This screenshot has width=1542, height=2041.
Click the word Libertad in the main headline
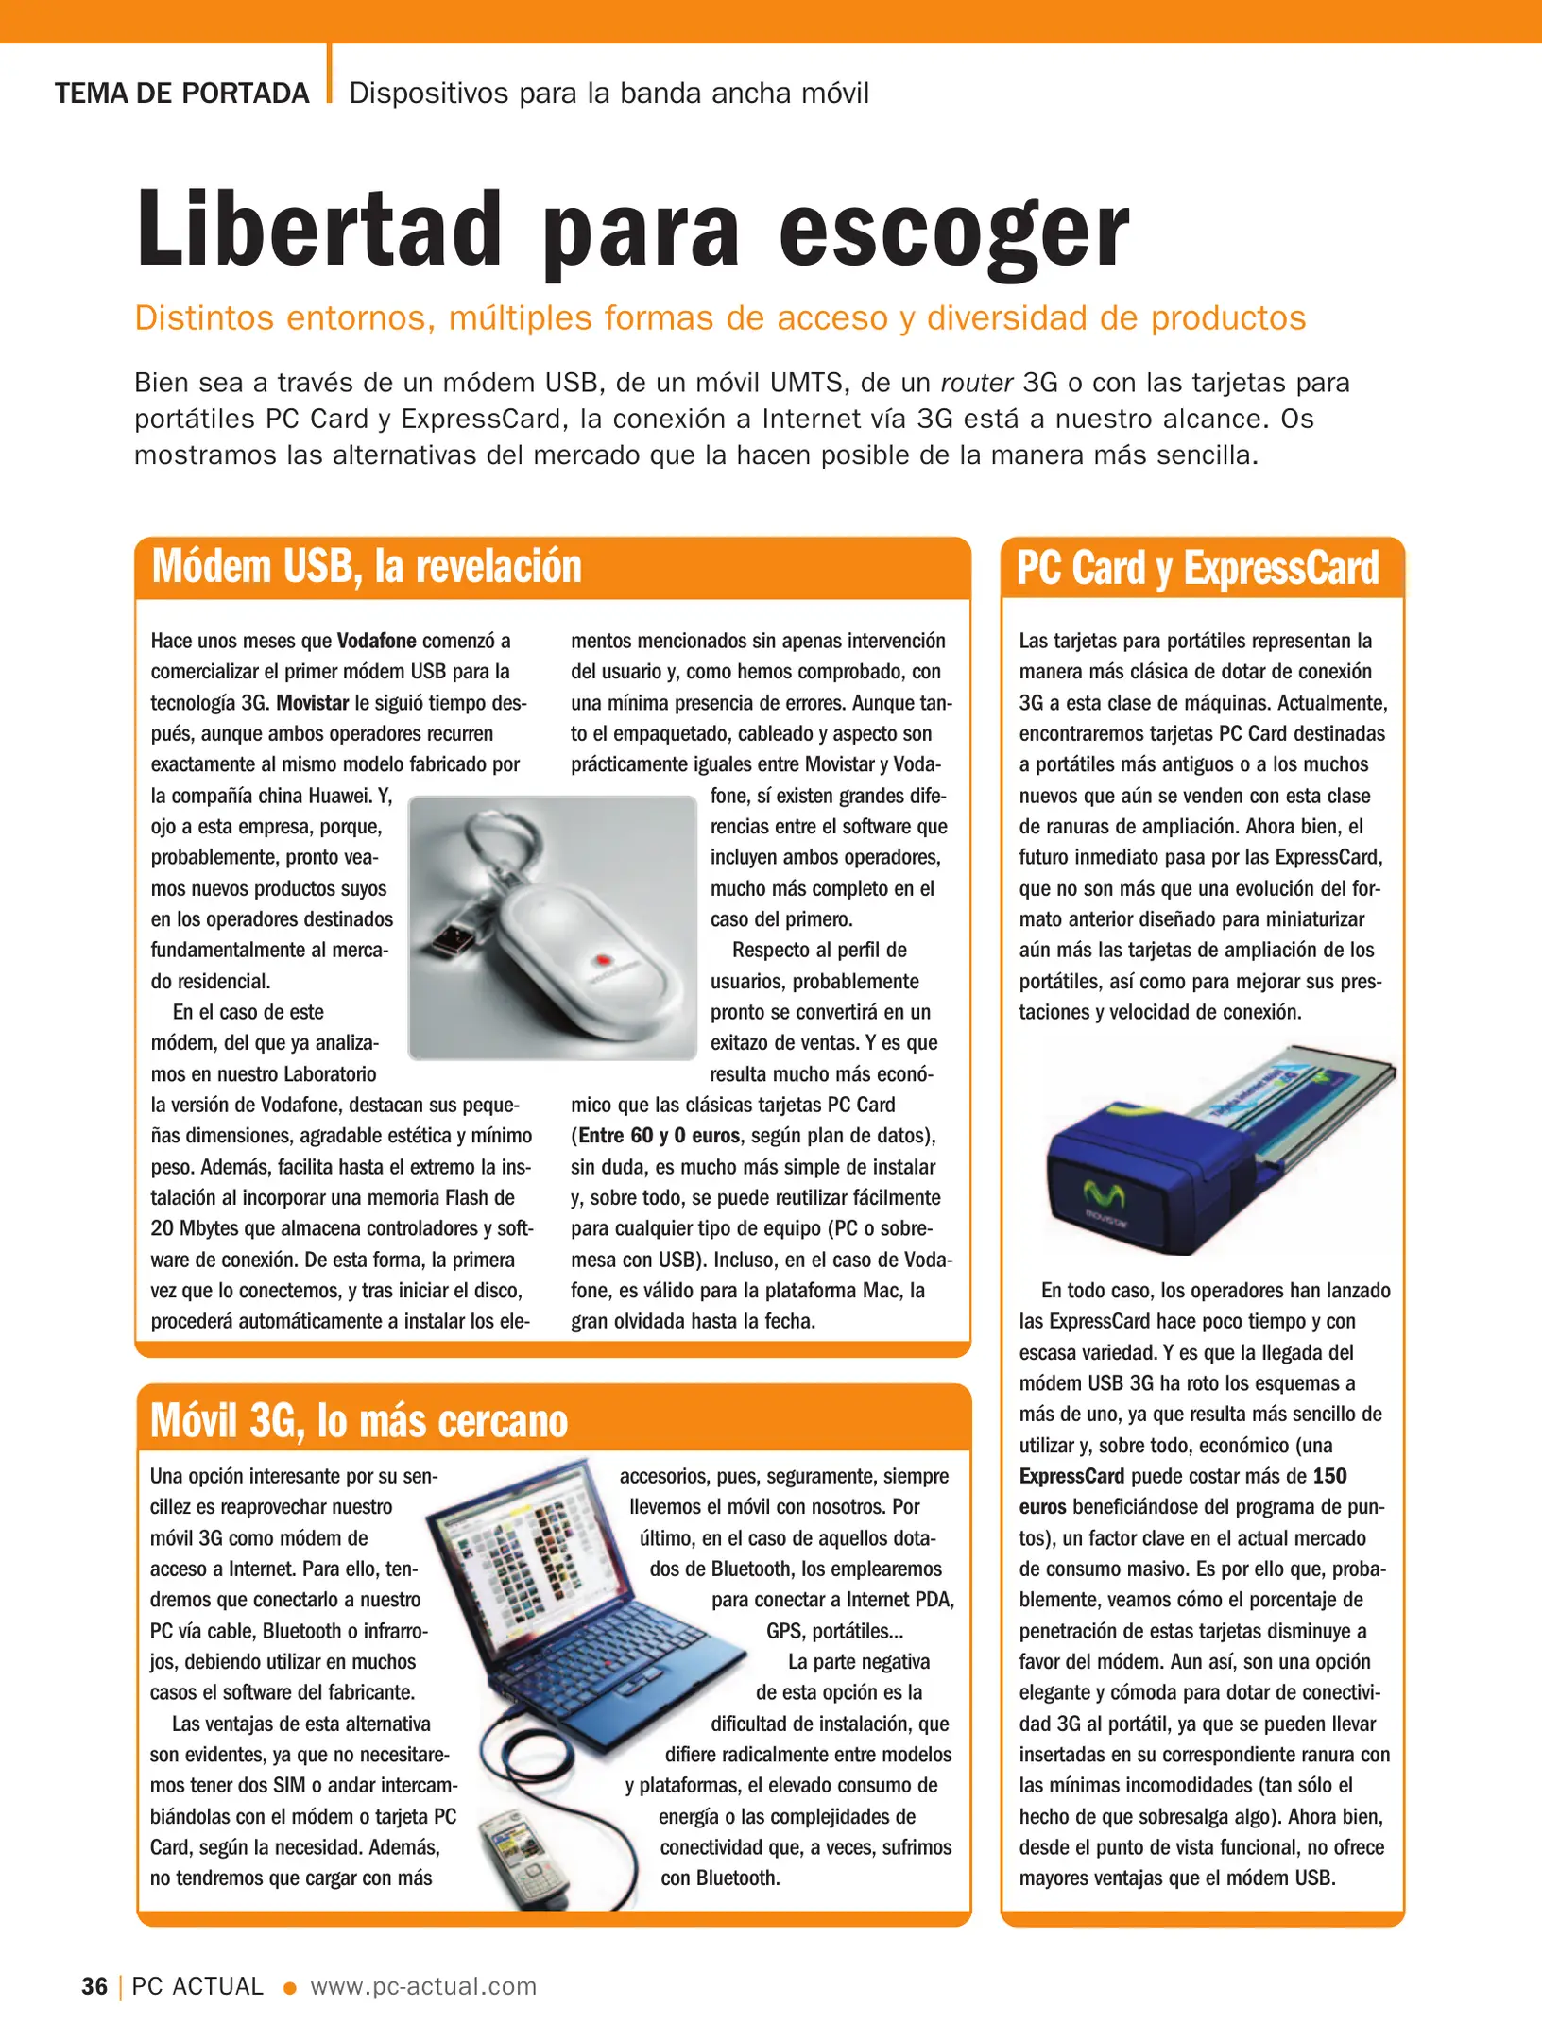coord(319,230)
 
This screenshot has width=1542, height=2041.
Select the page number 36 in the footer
coord(94,1986)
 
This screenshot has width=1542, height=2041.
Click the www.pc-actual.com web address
coord(423,1986)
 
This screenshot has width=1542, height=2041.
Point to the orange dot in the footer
coord(290,1988)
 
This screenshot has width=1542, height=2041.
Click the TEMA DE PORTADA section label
coord(182,94)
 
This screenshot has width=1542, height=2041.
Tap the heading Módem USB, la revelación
coord(367,567)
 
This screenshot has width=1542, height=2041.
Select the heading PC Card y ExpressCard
coord(1197,569)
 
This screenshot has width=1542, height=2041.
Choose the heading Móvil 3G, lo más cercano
coord(359,1421)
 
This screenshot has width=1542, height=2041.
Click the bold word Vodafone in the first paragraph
coord(376,641)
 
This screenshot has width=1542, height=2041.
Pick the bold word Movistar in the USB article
coord(312,703)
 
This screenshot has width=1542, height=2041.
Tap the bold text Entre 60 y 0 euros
coord(659,1136)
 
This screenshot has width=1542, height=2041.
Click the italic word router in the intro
coord(977,383)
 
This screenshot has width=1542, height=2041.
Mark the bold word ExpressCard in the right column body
coord(1071,1476)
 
